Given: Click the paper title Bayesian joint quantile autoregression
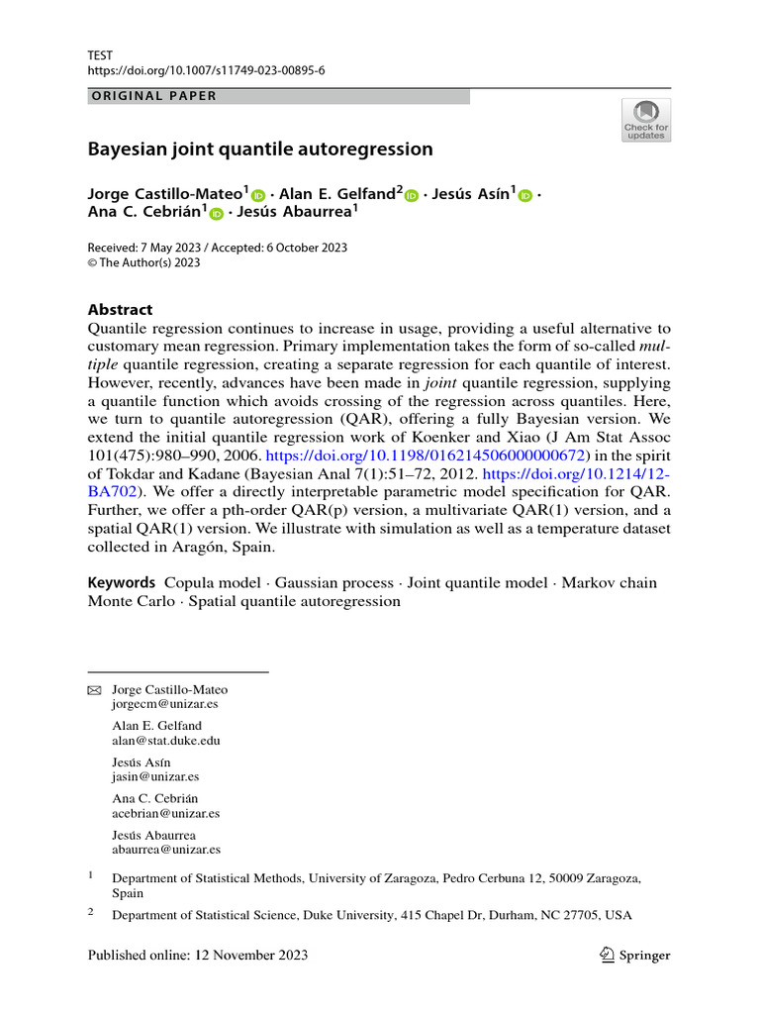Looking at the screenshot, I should [260, 150].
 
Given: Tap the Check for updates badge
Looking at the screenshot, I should [645, 120].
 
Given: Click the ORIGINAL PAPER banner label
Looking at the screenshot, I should [152, 96].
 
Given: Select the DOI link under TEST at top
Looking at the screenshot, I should [206, 71].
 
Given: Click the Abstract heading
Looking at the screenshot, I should [120, 309].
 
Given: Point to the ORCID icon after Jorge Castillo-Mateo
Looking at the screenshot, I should [258, 196].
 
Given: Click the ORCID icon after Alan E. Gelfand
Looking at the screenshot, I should [412, 196].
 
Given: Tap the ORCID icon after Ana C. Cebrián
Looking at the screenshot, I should [216, 212].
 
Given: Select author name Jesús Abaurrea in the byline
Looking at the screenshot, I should [295, 211].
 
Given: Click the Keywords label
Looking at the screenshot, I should [122, 583].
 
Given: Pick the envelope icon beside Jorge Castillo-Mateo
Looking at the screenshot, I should [95, 690].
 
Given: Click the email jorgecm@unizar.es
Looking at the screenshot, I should [165, 704].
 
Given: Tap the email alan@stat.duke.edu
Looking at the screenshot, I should [166, 740].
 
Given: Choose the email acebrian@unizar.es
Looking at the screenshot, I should [166, 813].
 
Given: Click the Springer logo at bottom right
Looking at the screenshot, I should [635, 956].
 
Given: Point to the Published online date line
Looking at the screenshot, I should [198, 956].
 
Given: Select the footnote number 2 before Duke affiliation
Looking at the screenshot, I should [91, 914].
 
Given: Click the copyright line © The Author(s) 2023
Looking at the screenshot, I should [144, 262].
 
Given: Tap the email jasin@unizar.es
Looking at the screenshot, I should [155, 776].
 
